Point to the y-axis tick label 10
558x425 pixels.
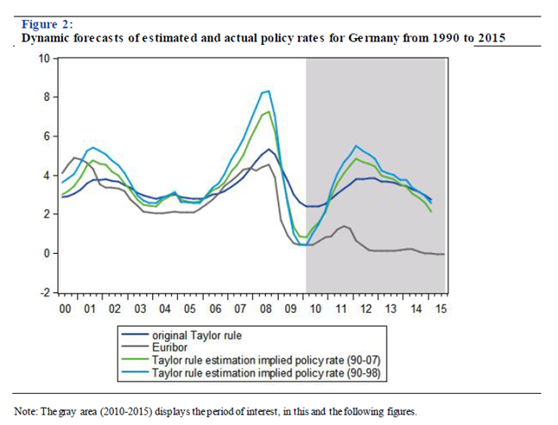(43, 58)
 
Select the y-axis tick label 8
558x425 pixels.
(46, 97)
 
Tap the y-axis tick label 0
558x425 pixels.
(46, 253)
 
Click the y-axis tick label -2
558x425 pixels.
(43, 292)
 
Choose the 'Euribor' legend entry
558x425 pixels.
(170, 344)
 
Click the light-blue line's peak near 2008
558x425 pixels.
(269, 91)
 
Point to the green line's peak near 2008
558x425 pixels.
(269, 111)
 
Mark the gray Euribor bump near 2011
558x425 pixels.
(344, 226)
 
